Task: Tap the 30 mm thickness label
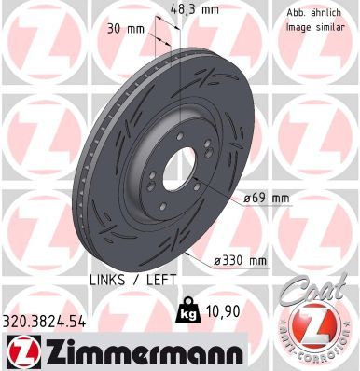128,28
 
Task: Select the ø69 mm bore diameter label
267,199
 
